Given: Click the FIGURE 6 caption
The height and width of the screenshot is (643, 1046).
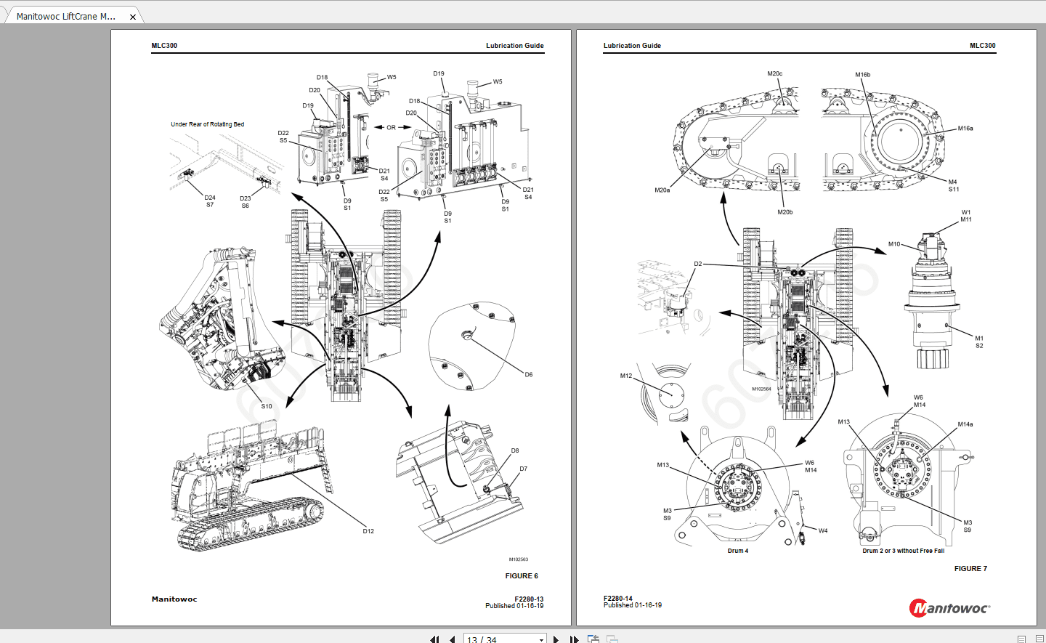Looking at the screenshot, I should [x=521, y=575].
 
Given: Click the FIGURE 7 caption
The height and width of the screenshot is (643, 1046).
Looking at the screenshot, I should [x=970, y=568].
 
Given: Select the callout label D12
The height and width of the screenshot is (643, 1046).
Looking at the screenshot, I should [x=368, y=531].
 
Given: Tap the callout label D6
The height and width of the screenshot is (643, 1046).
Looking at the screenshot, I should [x=528, y=375].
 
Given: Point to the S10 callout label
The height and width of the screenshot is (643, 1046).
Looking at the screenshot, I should [x=267, y=406].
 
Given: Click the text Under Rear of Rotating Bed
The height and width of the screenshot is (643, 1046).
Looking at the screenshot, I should [x=207, y=124].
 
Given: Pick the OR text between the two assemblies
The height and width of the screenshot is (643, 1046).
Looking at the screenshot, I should [x=391, y=127].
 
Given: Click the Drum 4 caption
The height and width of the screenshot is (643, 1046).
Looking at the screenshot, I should [x=737, y=551].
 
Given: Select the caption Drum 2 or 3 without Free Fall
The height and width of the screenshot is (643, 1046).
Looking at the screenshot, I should [x=903, y=551].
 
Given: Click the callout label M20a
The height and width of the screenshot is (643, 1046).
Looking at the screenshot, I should [x=662, y=190].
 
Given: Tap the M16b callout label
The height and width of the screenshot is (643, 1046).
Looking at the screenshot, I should [x=862, y=75].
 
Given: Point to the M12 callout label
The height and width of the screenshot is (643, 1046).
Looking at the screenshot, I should [x=625, y=376].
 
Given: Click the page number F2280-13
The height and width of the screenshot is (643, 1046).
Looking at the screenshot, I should [x=529, y=599].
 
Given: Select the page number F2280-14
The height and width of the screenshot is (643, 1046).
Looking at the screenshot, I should [x=617, y=599].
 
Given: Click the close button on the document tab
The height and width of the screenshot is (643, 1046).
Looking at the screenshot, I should [x=133, y=17].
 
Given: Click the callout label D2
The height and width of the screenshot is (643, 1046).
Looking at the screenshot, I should [x=697, y=264].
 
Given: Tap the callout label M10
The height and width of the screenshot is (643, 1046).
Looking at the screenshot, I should [x=893, y=244].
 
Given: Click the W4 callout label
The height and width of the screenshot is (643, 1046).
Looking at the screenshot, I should [x=822, y=530].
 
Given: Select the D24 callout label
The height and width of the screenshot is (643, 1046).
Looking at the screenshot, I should [x=209, y=198].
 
